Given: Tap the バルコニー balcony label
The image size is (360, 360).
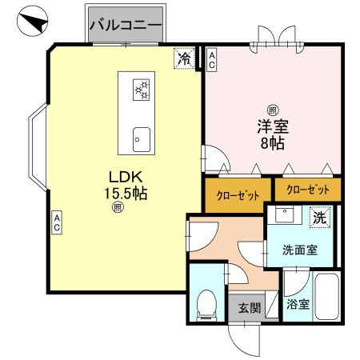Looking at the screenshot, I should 125,25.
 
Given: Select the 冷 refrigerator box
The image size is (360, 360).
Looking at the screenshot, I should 184,58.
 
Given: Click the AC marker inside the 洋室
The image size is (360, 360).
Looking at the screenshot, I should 211,58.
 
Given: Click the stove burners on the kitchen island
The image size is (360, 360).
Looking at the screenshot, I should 142,89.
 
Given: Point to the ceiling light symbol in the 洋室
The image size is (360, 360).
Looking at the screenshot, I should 273,110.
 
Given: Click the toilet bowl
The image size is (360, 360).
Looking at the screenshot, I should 206,303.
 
